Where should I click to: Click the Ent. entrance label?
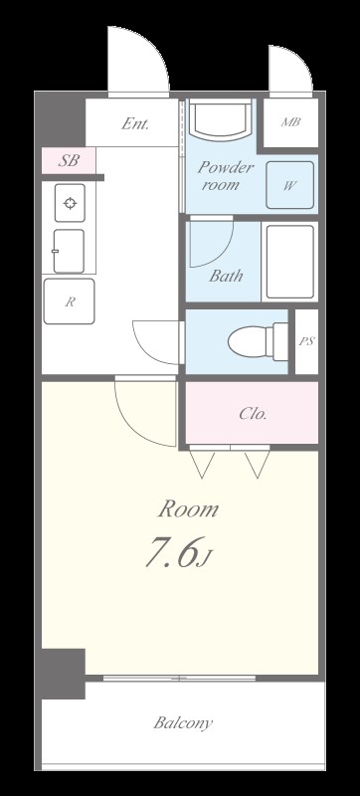tap(135, 123)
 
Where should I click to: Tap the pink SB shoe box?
tap(69, 160)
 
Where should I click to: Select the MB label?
tap(291, 121)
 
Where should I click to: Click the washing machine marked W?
tap(289, 185)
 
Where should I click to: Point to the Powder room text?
tap(225, 175)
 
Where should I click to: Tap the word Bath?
tap(226, 276)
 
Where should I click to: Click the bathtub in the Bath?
tap(290, 262)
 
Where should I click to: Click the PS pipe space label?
tap(306, 341)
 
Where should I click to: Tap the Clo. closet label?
tap(253, 414)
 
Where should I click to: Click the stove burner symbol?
tap(70, 203)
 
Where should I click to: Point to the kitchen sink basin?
tap(69, 251)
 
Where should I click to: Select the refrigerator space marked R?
tap(69, 301)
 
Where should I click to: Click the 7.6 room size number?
tap(171, 552)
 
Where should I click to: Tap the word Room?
tap(188, 509)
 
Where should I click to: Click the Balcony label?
tap(183, 722)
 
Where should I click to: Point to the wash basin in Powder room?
tap(221, 119)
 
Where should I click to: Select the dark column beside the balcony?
tap(63, 674)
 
